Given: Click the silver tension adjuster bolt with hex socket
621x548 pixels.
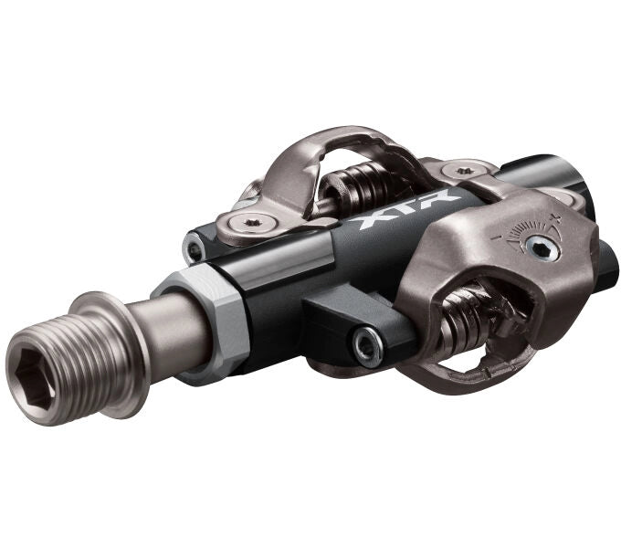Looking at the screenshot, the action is (x=542, y=249).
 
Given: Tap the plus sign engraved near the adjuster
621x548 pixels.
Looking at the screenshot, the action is (x=558, y=216).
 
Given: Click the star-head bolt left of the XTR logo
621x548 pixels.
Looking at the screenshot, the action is (x=250, y=223).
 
